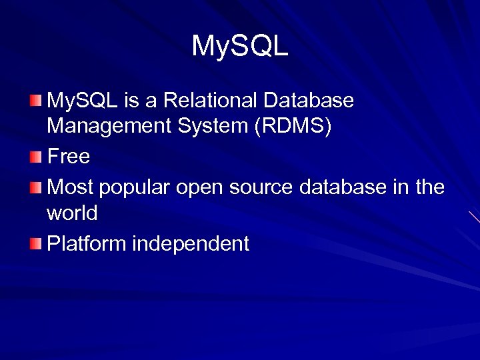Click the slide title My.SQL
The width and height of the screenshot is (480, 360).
[240, 46]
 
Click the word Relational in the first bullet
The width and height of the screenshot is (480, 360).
[211, 101]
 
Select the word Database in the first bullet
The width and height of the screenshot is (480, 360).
[309, 101]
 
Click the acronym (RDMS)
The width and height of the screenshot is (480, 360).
[291, 127]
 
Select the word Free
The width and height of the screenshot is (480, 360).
[68, 157]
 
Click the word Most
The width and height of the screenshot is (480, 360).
[70, 187]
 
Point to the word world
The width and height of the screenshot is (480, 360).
[72, 213]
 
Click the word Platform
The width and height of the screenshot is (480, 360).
[87, 244]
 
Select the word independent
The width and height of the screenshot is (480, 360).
[191, 244]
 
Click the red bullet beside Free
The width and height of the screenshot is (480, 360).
[35, 157]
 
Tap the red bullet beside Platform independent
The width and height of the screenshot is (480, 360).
[35, 244]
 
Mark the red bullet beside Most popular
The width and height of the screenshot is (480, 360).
[35, 187]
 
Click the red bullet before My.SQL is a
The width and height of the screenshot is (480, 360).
[35, 101]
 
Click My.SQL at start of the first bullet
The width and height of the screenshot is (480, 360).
[83, 101]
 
